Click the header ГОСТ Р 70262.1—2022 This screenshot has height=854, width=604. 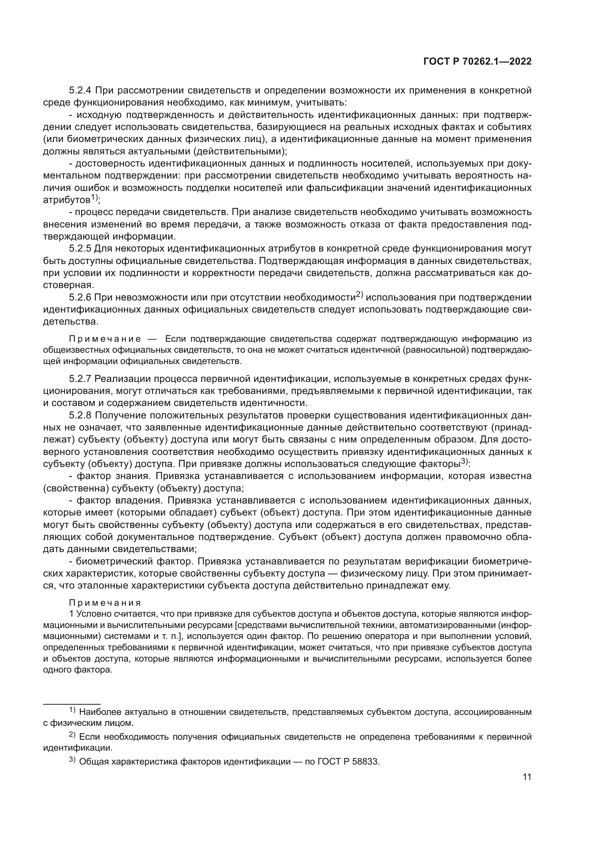(x=477, y=62)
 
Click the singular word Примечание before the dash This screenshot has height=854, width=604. (x=105, y=339)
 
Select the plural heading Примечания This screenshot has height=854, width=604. (x=105, y=603)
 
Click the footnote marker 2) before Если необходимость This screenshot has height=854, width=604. (x=72, y=735)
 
